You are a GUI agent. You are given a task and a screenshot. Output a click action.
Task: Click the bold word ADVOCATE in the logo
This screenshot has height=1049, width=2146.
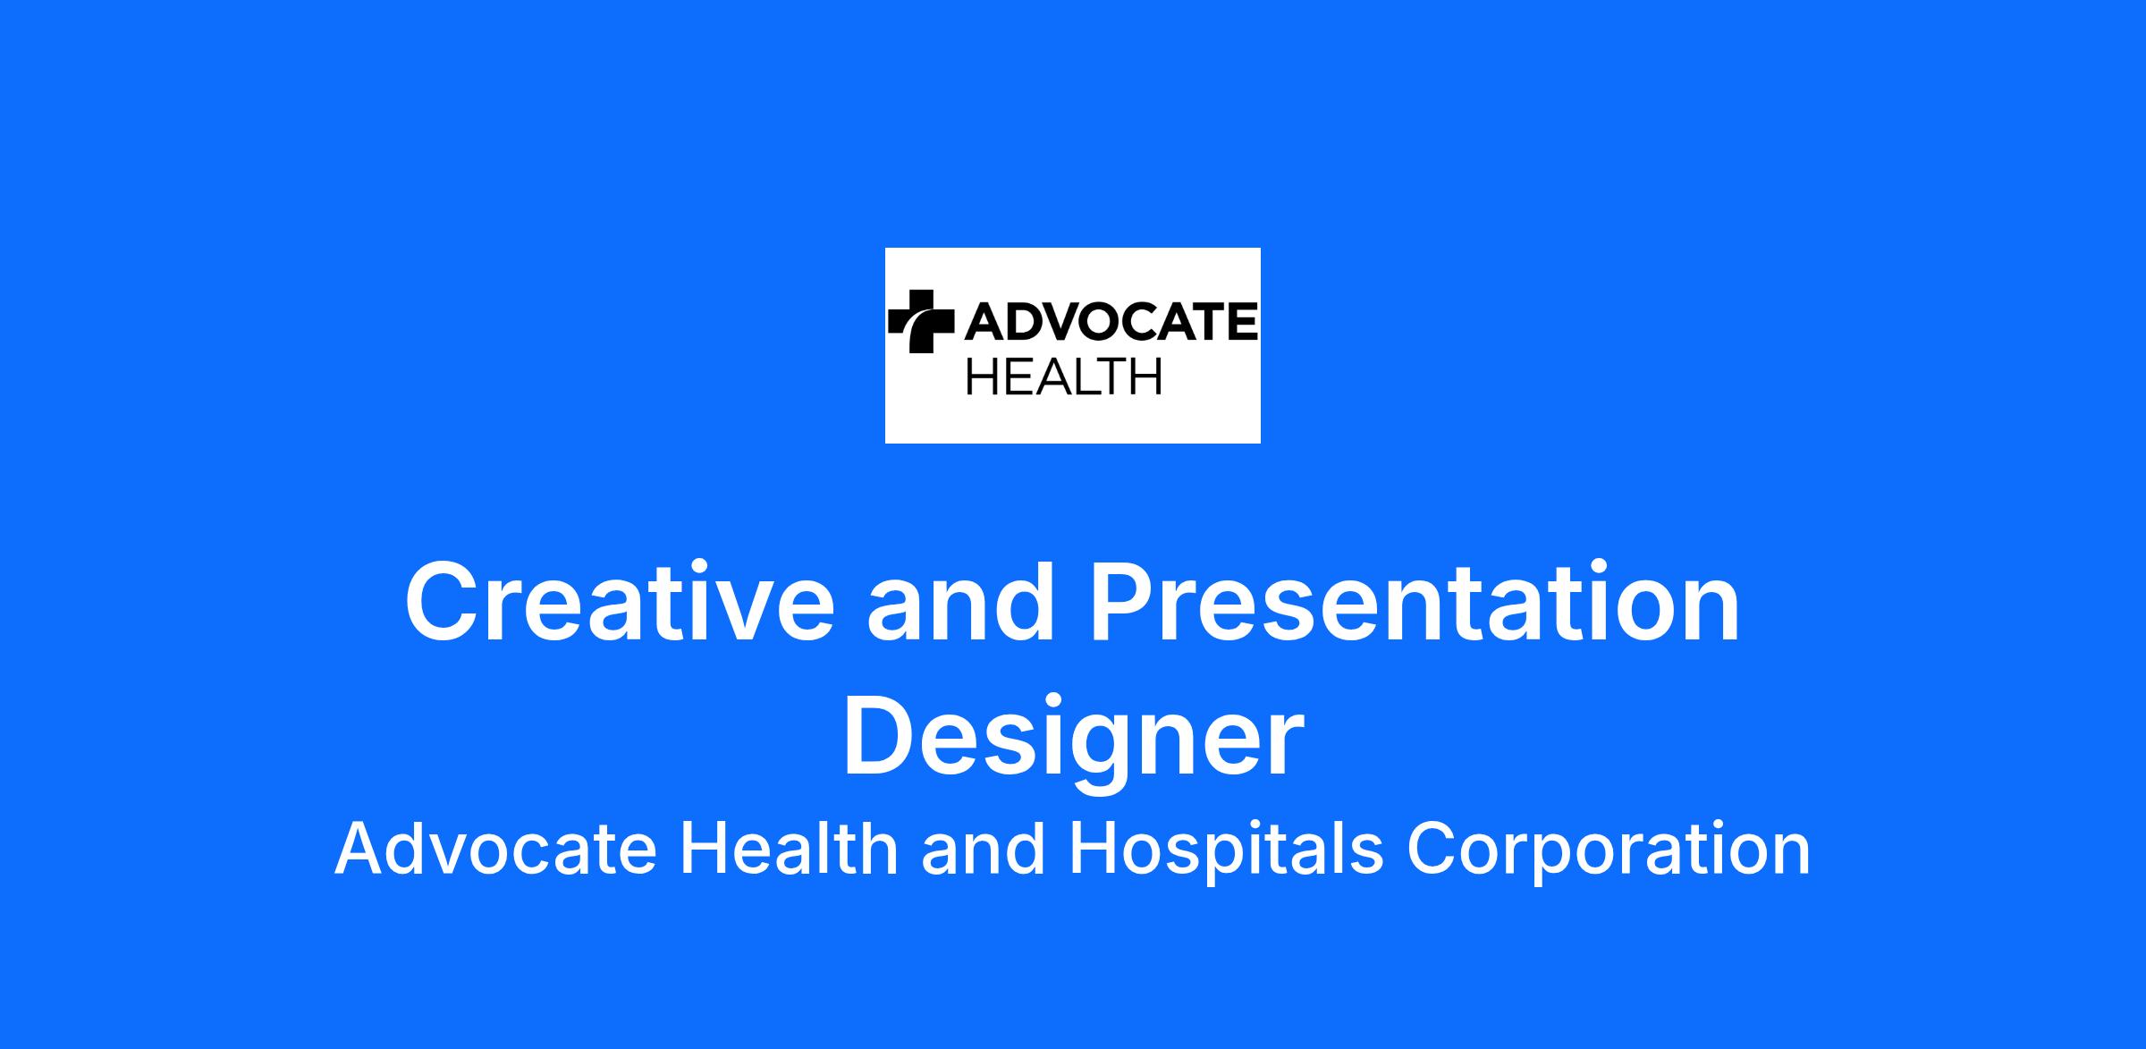[x=1111, y=321]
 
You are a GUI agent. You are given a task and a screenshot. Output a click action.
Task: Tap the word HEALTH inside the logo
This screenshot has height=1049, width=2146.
[x=1064, y=376]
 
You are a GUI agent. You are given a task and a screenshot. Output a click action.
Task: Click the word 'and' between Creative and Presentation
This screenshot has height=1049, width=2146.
[x=960, y=601]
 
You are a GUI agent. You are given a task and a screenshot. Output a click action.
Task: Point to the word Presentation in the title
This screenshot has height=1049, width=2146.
[x=1414, y=601]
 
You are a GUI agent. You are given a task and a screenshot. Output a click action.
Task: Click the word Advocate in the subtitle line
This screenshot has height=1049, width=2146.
[x=496, y=850]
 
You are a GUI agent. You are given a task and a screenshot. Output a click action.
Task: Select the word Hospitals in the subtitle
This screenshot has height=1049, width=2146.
[x=1226, y=851]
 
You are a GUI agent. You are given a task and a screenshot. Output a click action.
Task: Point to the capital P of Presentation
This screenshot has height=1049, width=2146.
[x=1123, y=601]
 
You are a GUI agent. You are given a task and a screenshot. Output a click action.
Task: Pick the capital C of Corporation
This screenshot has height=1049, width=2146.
[x=1433, y=849]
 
